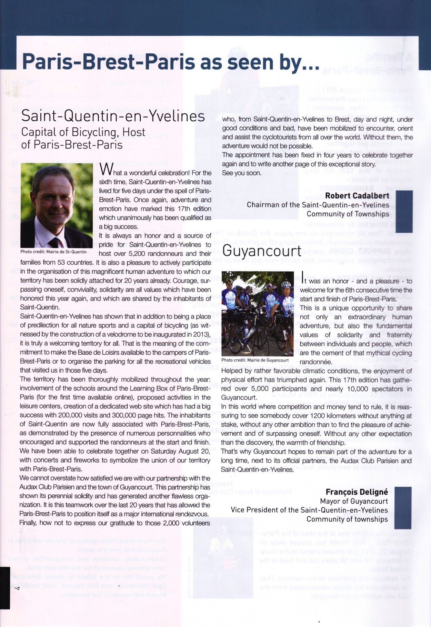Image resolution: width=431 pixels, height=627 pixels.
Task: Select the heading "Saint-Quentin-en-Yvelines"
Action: point(113,116)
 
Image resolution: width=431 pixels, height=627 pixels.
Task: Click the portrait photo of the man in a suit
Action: point(57,205)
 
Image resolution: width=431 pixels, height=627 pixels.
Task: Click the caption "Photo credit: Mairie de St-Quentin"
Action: point(53,252)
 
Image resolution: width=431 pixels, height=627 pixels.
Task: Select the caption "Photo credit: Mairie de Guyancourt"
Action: point(255,360)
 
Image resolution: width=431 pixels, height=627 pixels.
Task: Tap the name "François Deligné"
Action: point(357,492)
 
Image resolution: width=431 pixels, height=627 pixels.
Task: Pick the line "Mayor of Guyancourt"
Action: point(354,501)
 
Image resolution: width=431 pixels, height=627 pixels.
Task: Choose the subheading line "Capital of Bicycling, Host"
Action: point(83,132)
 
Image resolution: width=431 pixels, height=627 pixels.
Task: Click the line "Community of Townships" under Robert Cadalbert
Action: point(348,214)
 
